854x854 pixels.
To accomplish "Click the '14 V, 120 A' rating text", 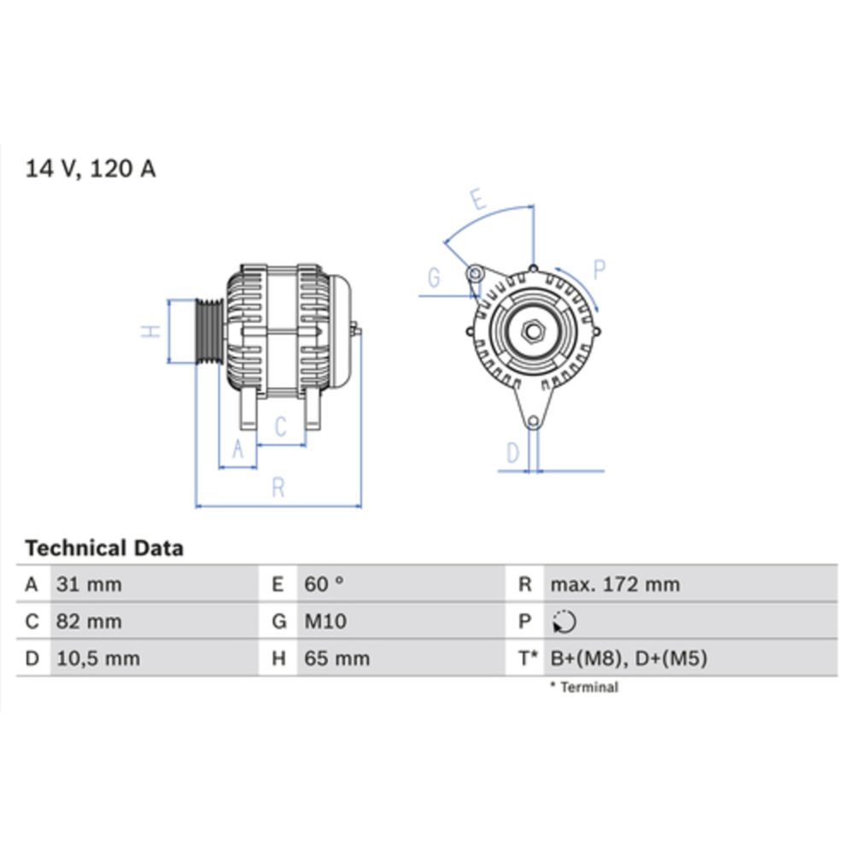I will coord(91,169).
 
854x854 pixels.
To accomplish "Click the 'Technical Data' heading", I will coord(104,548).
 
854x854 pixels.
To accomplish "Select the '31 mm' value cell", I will coord(89,585).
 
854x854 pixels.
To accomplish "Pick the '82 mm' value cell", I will coord(89,622).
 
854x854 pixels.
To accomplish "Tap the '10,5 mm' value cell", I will coord(97,658).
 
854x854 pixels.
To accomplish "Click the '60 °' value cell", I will coord(325,585).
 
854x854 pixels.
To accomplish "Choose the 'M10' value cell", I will coord(326,622).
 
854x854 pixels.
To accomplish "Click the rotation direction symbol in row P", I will coord(564,623).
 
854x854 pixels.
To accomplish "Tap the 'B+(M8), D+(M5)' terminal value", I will coord(629,658).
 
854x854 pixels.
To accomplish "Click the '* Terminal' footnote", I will coord(584,687).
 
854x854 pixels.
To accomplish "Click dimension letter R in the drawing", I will coord(278,488).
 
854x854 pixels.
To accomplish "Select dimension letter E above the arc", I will coord(477,202).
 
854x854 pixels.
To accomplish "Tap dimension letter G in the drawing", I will coord(434,278).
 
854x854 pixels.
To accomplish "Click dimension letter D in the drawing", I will coord(512,453).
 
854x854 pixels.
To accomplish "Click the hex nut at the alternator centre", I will coord(533,331).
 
